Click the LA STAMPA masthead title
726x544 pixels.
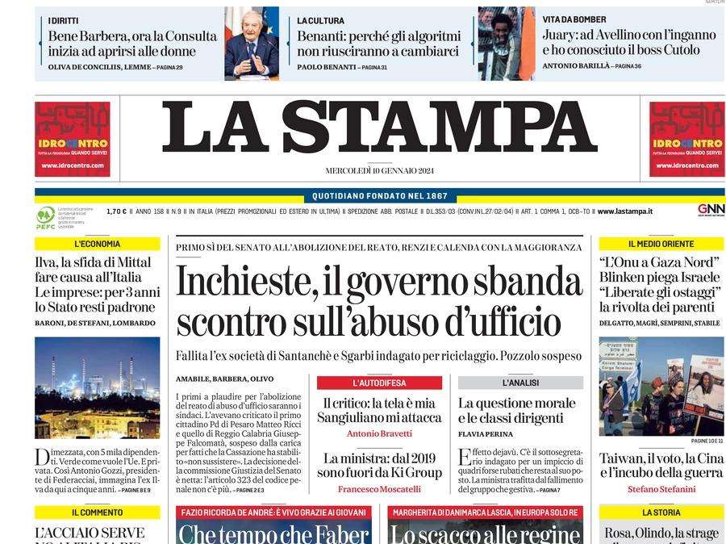click(379, 127)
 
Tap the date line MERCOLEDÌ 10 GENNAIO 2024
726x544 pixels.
click(379, 170)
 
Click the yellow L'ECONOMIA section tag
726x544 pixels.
click(97, 244)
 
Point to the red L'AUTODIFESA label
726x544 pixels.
click(379, 383)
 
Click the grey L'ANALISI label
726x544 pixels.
click(520, 383)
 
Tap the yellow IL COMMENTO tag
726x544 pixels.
click(97, 512)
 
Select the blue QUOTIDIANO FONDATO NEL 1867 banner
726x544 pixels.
click(379, 196)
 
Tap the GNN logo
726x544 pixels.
click(711, 210)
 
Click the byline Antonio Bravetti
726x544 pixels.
click(378, 433)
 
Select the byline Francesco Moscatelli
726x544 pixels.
click(378, 489)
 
